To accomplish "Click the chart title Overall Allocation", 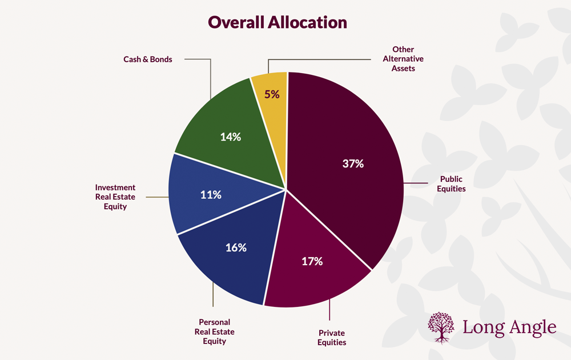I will point(277,22).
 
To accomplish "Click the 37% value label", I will point(353,164).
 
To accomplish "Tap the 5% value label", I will point(272,94).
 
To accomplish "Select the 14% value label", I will point(231,137).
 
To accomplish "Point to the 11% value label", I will point(211,195).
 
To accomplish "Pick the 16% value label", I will point(236,247).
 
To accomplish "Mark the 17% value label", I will point(312,261).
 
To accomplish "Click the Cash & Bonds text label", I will point(148,59).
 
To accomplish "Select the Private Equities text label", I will point(332,338).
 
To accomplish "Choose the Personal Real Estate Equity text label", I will point(215,331).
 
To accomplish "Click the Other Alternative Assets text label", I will point(403,59).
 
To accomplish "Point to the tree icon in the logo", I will point(441,327).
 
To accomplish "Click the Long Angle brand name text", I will point(509,327).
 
